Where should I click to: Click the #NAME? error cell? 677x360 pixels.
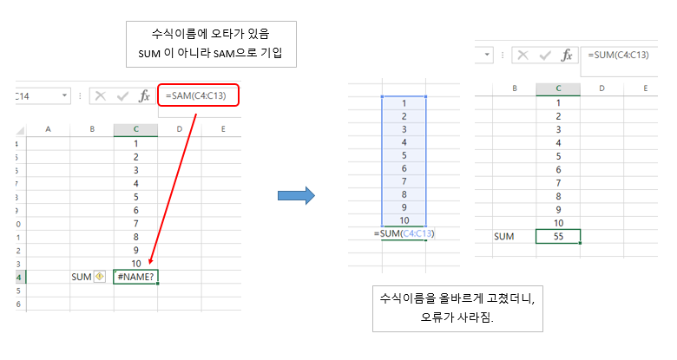coord(135,277)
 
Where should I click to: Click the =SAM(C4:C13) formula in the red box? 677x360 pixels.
coord(196,95)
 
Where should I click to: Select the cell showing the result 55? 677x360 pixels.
coord(557,236)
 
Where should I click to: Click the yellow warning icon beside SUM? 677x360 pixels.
coord(100,277)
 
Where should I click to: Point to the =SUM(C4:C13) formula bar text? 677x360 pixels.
coord(618,55)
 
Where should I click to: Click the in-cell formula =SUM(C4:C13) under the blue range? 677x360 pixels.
coord(404,234)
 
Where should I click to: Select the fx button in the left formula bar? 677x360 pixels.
coord(146,95)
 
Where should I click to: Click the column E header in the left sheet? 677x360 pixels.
coord(223,129)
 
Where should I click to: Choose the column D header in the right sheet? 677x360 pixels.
coord(601,88)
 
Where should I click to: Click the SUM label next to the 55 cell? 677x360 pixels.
coord(503,236)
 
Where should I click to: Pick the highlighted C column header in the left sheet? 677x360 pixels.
coord(135,129)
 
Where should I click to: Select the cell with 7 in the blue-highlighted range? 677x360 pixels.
coord(404,181)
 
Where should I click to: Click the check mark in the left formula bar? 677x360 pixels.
coord(122,95)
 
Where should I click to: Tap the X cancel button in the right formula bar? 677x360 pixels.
coord(523,56)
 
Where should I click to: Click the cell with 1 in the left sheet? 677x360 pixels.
coord(135,143)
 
